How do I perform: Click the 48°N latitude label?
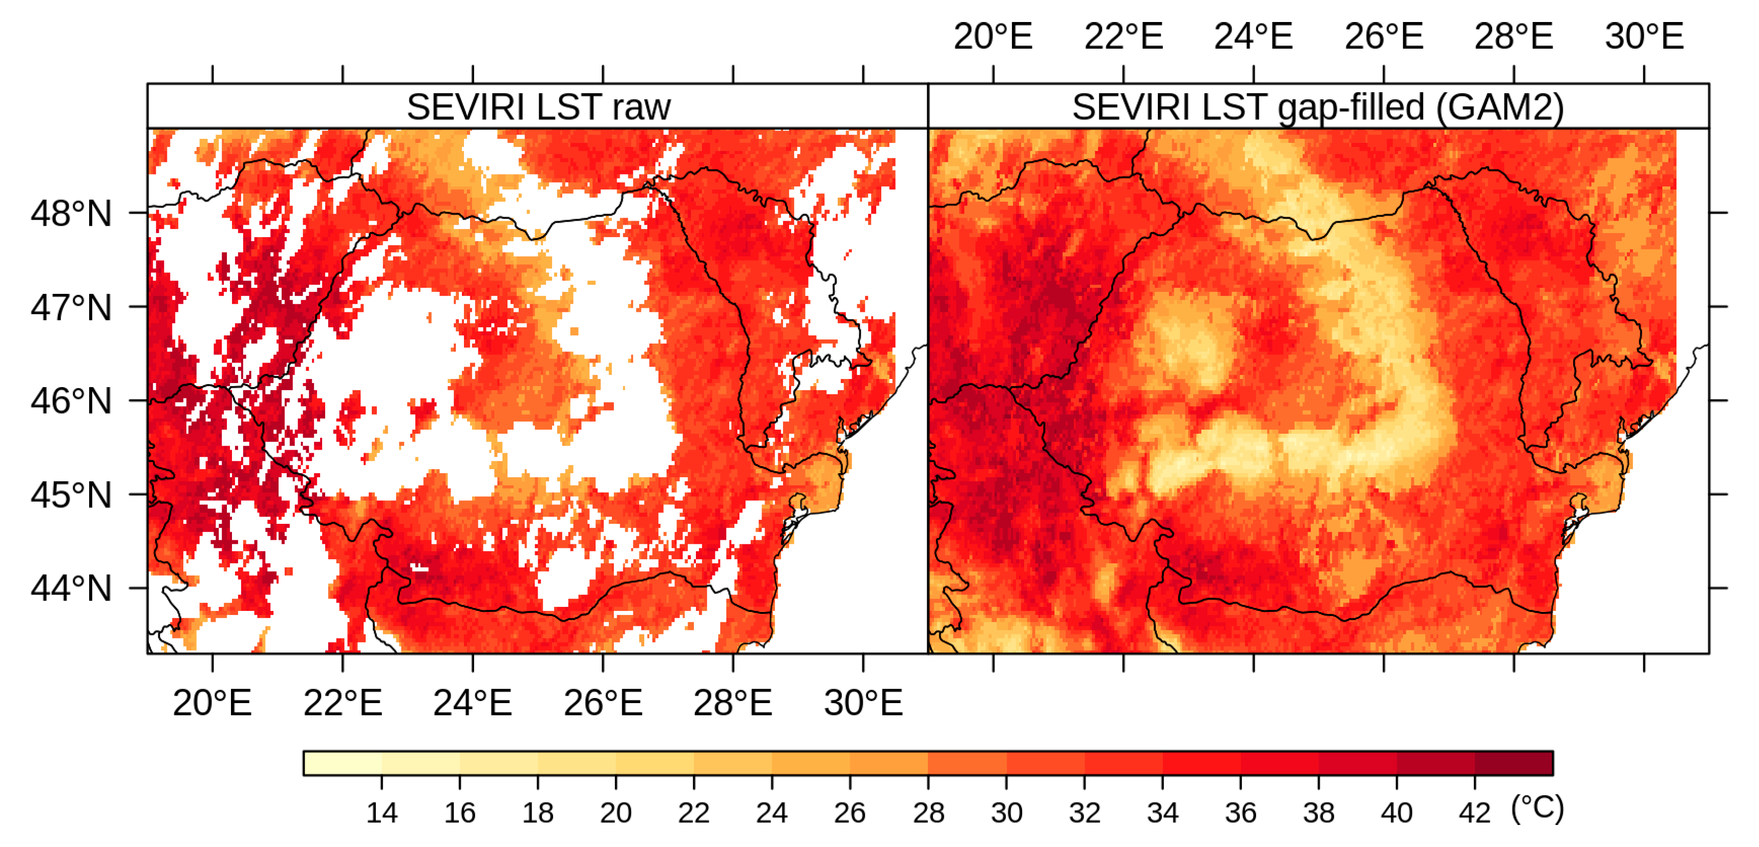pos(70,214)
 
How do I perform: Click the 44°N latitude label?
pos(70,588)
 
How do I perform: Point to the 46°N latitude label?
pos(70,401)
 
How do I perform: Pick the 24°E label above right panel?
pos(1253,36)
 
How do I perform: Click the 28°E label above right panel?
pos(1513,36)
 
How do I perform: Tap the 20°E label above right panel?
pos(992,36)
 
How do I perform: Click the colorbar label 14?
pos(381,813)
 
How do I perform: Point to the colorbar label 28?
pos(928,813)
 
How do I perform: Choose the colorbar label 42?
pos(1474,813)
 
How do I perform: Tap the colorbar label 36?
pos(1240,813)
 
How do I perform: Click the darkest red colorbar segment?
pos(1514,763)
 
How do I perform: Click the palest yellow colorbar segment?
pos(342,763)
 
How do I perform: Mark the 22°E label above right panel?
pos(1124,36)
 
